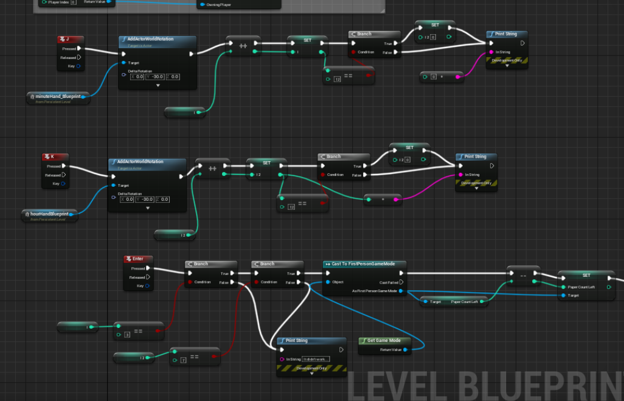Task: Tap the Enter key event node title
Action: click(138, 259)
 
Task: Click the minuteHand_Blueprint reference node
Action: click(58, 96)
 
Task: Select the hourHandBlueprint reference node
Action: click(49, 214)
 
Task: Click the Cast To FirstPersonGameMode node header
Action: click(364, 264)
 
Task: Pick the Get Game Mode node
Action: click(384, 341)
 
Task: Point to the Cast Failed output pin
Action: click(401, 282)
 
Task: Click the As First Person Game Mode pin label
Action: click(378, 291)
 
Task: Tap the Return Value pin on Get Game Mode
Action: click(405, 349)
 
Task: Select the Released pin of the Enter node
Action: click(148, 277)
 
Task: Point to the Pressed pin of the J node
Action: click(79, 49)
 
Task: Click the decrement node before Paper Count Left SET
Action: click(522, 275)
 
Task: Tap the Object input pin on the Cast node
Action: click(328, 282)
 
